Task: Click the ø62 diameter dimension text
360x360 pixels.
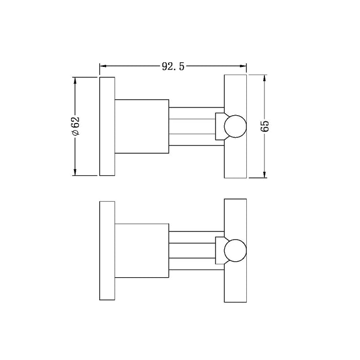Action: (76, 127)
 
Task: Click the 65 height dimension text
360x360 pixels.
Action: (265, 127)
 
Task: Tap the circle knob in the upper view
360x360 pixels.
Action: (236, 127)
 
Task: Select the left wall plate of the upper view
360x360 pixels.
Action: (106, 127)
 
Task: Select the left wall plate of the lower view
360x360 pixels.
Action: (106, 251)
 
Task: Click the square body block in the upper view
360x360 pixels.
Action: (141, 127)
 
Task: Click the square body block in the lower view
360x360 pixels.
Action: (141, 251)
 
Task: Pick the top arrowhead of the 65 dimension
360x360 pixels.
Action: (265, 79)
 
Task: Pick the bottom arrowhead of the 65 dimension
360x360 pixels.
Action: (265, 175)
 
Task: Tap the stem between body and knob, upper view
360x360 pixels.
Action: (191, 127)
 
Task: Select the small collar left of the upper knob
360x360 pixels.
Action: (219, 127)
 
